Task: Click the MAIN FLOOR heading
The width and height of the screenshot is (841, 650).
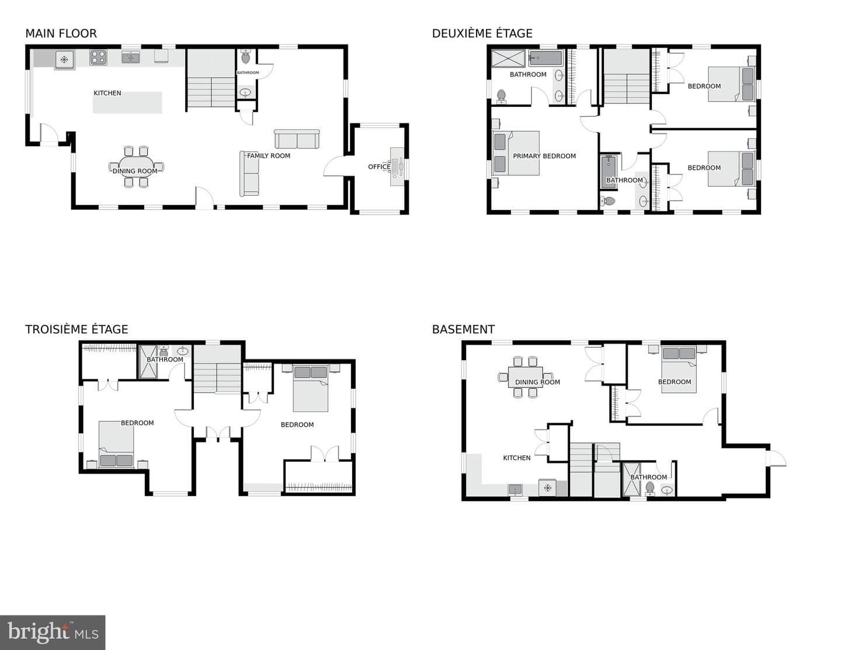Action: pyautogui.click(x=61, y=34)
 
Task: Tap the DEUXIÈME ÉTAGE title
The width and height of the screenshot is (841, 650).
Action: pyautogui.click(x=482, y=33)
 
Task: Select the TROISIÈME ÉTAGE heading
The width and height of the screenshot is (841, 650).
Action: pyautogui.click(x=77, y=329)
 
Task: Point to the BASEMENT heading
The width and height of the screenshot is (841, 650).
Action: pyautogui.click(x=463, y=330)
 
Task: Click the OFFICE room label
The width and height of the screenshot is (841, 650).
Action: pyautogui.click(x=379, y=167)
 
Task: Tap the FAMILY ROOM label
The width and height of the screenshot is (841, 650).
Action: pyautogui.click(x=269, y=155)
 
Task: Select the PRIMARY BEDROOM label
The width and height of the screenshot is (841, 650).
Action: pyautogui.click(x=544, y=156)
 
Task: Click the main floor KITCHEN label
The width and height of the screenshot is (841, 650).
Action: pyautogui.click(x=107, y=93)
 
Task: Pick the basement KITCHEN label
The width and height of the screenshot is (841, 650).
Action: pyautogui.click(x=517, y=458)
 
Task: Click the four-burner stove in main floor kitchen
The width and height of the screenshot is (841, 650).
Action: pyautogui.click(x=99, y=58)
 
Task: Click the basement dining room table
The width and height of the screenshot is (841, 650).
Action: pyautogui.click(x=525, y=376)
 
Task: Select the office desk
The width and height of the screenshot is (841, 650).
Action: pyautogui.click(x=397, y=167)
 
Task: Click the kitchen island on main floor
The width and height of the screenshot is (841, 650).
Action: pyautogui.click(x=127, y=103)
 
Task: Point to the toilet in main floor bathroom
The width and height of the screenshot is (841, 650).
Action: pyautogui.click(x=246, y=57)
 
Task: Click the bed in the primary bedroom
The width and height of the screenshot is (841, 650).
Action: pyautogui.click(x=516, y=153)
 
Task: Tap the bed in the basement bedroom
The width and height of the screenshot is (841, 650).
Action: pyautogui.click(x=679, y=370)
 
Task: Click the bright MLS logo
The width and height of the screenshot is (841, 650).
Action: pyautogui.click(x=53, y=632)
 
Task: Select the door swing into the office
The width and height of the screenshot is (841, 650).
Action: pyautogui.click(x=334, y=166)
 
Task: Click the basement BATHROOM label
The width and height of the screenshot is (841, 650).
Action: pyautogui.click(x=649, y=477)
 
